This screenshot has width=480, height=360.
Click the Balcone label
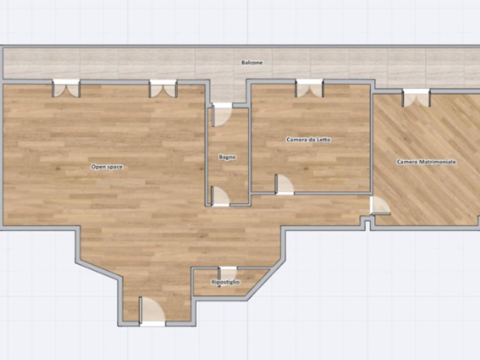click(x=252, y=62)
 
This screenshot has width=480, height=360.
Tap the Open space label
click(x=107, y=167)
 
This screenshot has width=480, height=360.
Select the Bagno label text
click(x=227, y=157)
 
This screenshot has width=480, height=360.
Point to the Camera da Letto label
click(x=308, y=140)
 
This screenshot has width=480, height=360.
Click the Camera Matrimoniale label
click(x=427, y=162)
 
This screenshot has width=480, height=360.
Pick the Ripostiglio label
click(x=225, y=282)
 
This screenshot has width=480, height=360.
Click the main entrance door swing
click(x=152, y=310)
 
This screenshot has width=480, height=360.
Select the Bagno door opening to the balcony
click(x=222, y=115)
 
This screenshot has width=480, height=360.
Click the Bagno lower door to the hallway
click(x=220, y=196)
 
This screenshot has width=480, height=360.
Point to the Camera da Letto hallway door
click(x=285, y=185)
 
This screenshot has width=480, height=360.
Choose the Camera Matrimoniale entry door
click(x=380, y=205)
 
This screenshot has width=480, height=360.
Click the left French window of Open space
click(x=66, y=89)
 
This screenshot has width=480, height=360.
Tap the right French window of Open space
click(x=163, y=89)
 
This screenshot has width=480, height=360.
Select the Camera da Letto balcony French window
click(x=309, y=88)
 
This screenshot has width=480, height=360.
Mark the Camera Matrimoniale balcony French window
click(x=416, y=98)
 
